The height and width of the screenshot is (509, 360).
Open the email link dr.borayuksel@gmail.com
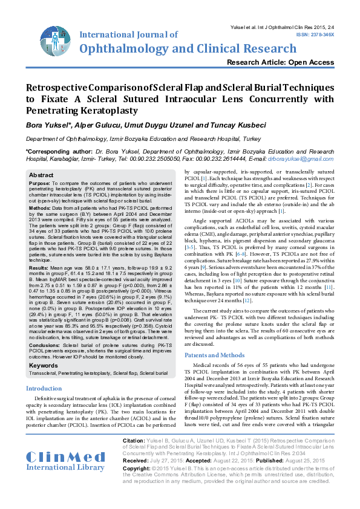(301, 158)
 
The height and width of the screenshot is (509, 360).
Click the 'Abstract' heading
(41, 175)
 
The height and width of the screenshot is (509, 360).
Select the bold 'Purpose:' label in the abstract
(40, 183)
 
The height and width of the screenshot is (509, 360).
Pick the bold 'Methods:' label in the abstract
(41, 207)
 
